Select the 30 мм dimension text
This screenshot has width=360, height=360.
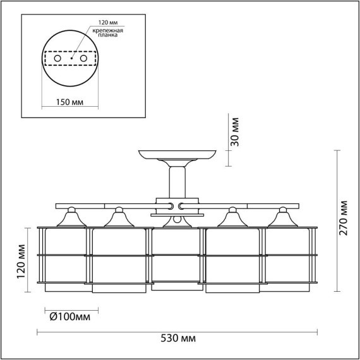[x=235, y=131]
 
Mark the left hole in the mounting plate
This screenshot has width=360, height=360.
[x=57, y=58]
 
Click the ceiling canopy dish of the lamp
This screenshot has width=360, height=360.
[x=176, y=155]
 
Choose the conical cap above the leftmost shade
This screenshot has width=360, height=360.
[x=71, y=219]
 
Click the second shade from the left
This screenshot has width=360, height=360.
[x=120, y=259]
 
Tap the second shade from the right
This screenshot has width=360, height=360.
[x=232, y=259]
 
